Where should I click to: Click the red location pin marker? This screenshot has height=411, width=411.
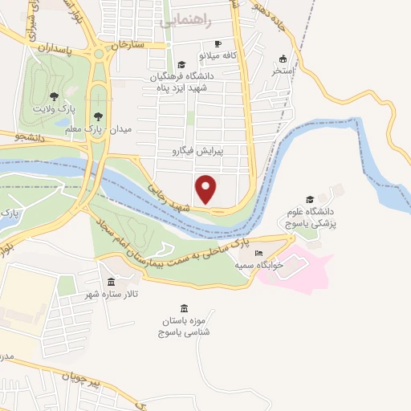click(x=206, y=189)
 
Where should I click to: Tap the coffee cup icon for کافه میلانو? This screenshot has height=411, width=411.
click(x=218, y=43)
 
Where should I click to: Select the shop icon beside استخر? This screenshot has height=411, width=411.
click(x=283, y=59)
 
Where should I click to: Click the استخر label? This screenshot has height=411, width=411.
click(x=283, y=71)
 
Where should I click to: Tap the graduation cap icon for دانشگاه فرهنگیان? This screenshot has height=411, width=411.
click(x=181, y=64)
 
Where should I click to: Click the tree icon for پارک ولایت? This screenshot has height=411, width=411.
click(x=54, y=96)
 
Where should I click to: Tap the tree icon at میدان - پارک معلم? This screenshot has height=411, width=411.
click(x=99, y=117)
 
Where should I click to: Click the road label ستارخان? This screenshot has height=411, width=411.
click(x=129, y=44)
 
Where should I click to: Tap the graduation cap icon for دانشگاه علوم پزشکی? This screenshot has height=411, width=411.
click(x=310, y=199)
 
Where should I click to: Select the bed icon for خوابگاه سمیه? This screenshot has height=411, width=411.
click(x=258, y=253)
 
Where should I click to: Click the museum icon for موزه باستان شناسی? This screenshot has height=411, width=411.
click(x=185, y=309)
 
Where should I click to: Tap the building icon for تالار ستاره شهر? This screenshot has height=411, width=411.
click(x=111, y=283)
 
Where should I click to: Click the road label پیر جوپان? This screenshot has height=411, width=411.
click(x=83, y=380)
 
